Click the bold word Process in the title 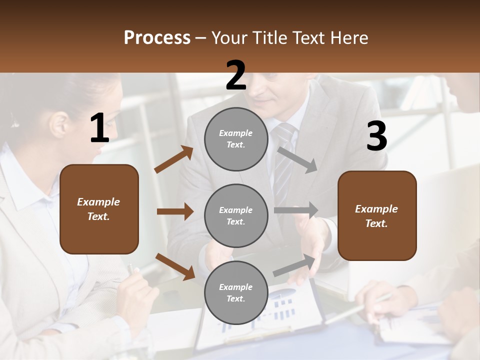(157, 38)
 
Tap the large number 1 (99, 128)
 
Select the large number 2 (236, 75)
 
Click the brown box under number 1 (99, 209)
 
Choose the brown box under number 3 (377, 216)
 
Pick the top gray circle (236, 139)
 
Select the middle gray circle (236, 215)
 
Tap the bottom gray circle (236, 292)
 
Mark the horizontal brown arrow (175, 211)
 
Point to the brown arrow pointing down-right (175, 266)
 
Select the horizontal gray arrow (296, 210)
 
